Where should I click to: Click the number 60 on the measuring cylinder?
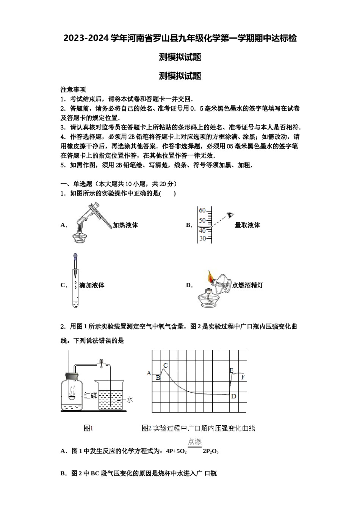pyautogui.click(x=202, y=211)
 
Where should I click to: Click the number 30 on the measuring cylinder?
pyautogui.click(x=203, y=239)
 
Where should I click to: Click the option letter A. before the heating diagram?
pyautogui.click(x=64, y=225)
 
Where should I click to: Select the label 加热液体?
pyautogui.click(x=125, y=225)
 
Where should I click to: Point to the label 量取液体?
pyautogui.click(x=247, y=225)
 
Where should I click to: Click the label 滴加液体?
pyautogui.click(x=92, y=286)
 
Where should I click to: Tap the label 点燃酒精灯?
pyautogui.click(x=247, y=286)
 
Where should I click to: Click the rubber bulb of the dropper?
pyautogui.click(x=75, y=257)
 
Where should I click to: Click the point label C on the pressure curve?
pyautogui.click(x=165, y=365)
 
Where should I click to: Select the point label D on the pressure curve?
pyautogui.click(x=233, y=396)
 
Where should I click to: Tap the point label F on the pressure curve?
pyautogui.click(x=243, y=377)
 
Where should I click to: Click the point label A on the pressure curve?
pyautogui.click(x=149, y=373)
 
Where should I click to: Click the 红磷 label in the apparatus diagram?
pyautogui.click(x=91, y=395)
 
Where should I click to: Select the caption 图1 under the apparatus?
pyautogui.click(x=88, y=428)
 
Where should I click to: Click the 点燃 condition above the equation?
pyautogui.click(x=195, y=442)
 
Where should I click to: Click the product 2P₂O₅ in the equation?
pyautogui.click(x=211, y=451)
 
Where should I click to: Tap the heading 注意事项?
pyautogui.click(x=73, y=90)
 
